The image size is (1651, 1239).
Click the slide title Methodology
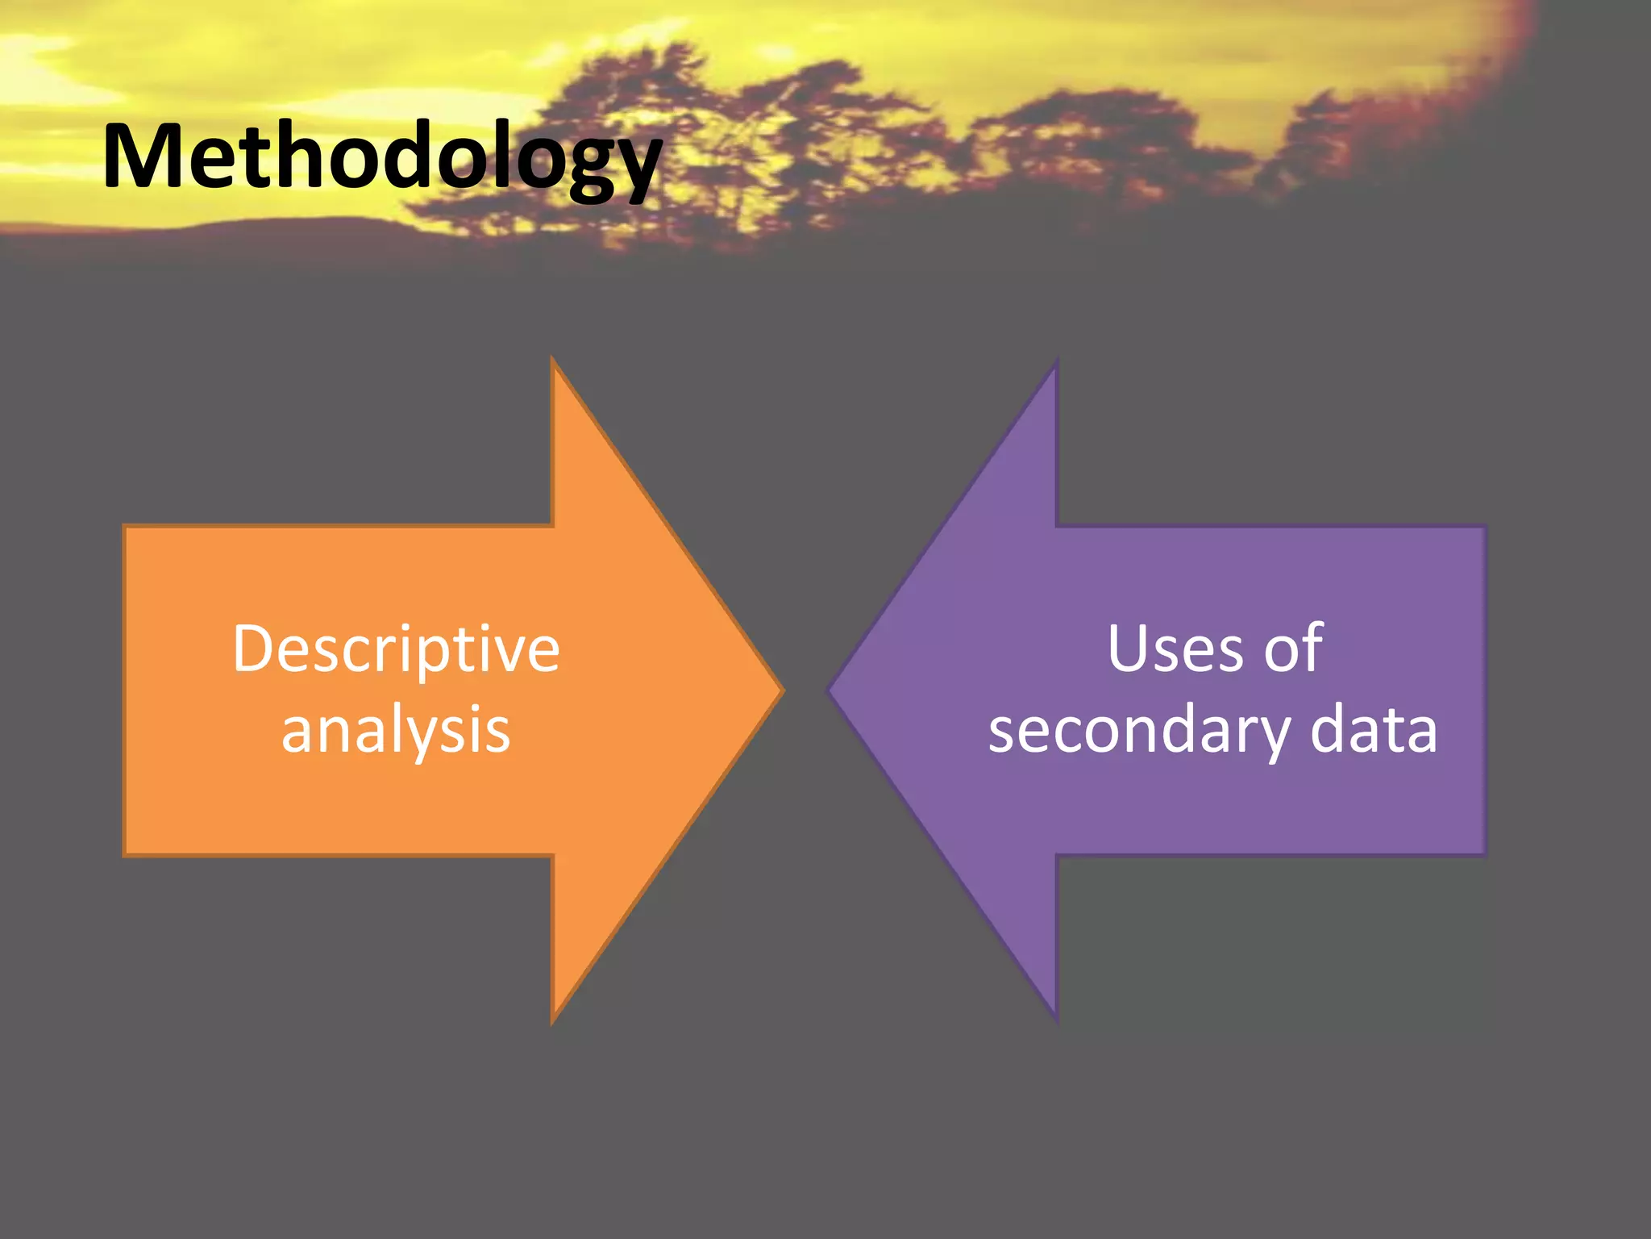[x=382, y=157]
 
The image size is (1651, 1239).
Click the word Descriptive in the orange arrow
[x=396, y=649]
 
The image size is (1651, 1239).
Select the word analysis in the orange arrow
[x=396, y=730]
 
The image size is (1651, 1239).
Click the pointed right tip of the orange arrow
[x=782, y=690]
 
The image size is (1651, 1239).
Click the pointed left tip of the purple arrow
[x=830, y=690]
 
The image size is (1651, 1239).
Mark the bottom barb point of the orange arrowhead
[x=553, y=1023]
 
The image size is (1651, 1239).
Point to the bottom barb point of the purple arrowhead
[x=1056, y=1020]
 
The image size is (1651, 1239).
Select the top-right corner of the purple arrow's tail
[x=1485, y=528]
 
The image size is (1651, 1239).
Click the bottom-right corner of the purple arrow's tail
[x=1485, y=853]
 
